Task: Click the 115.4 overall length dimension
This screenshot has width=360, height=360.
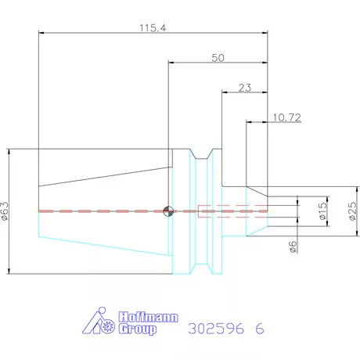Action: [153, 28]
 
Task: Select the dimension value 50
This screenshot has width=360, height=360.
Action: [218, 58]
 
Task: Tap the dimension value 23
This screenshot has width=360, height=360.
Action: [245, 88]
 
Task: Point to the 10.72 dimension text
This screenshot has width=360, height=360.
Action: [286, 117]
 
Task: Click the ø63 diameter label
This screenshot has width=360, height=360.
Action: [5, 211]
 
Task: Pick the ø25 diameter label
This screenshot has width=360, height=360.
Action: [352, 211]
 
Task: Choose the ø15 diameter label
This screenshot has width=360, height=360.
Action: [322, 211]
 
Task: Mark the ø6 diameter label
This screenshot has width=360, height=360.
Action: [293, 247]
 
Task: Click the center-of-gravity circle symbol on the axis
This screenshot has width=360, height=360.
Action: [168, 211]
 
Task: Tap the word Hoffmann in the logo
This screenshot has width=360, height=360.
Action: [148, 317]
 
